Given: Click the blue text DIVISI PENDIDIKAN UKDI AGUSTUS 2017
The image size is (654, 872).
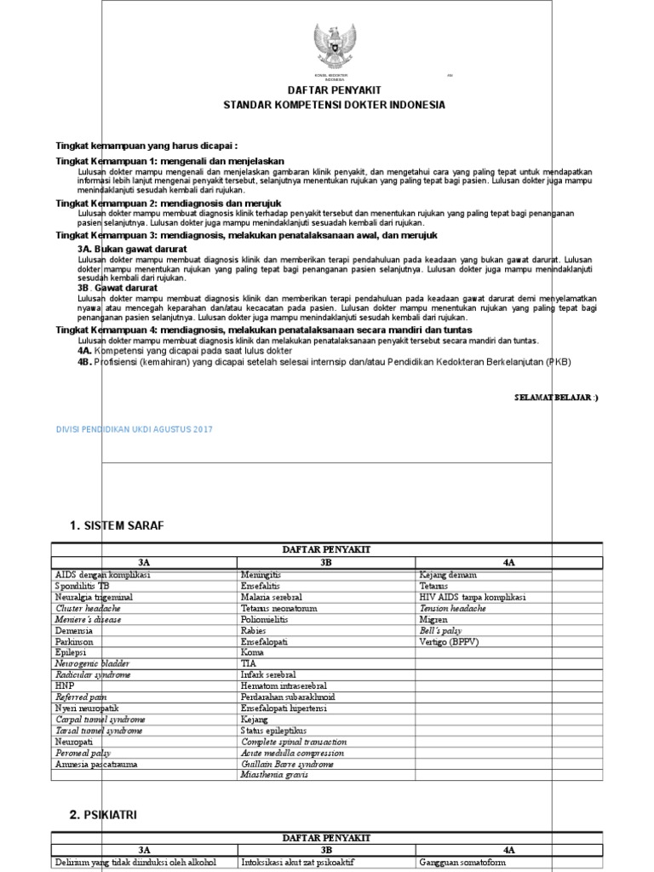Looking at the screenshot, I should [135, 429].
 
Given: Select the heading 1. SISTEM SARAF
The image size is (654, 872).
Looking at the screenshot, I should [117, 525].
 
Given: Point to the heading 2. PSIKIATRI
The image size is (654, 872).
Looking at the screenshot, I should [104, 815].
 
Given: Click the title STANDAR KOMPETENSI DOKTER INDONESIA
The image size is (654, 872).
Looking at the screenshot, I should [334, 105].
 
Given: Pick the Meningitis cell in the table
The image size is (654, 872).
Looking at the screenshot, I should [261, 576].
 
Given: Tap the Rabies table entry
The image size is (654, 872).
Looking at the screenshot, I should [255, 631].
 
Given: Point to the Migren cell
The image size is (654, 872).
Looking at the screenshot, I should [433, 620].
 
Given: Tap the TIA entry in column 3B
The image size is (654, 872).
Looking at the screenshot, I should [250, 664].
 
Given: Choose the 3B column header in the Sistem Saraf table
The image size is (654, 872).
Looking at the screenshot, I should [326, 563].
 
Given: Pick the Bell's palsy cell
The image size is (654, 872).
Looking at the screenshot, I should [440, 631].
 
